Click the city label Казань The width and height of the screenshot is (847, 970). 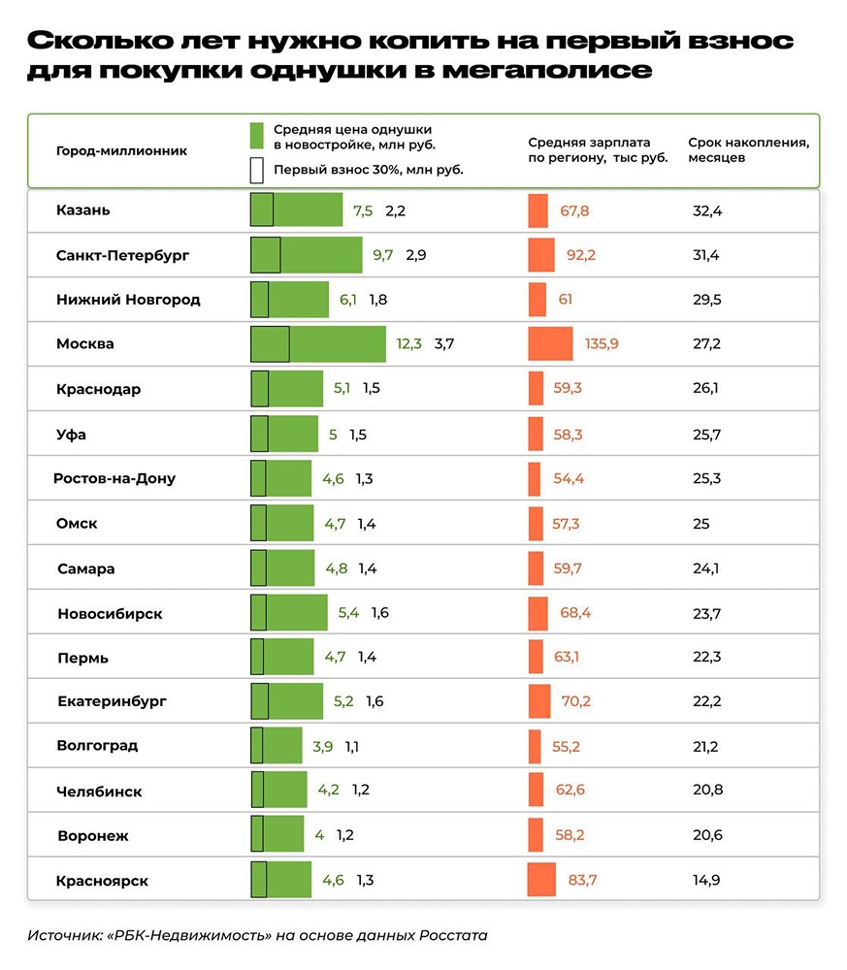tap(83, 210)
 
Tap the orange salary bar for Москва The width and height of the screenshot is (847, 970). tap(550, 344)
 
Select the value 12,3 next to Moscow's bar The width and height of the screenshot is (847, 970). tap(408, 343)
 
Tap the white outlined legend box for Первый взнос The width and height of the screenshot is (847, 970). tap(257, 170)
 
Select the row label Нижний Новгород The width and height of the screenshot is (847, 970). tap(128, 300)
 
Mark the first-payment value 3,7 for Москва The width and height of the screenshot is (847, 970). tap(444, 343)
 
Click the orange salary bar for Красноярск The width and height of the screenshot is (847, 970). tap(541, 880)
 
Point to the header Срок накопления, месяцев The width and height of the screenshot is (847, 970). tap(748, 149)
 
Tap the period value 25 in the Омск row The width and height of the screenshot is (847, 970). tap(700, 524)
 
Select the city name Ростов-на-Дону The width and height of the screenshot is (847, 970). tap(114, 478)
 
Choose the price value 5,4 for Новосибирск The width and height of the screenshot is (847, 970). tap(348, 613)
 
